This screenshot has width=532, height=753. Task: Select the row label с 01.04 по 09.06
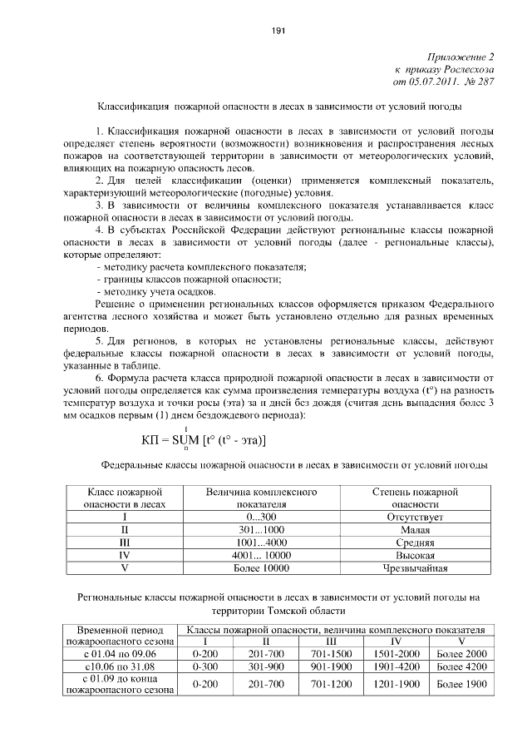(120, 655)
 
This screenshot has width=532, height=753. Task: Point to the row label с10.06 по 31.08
(120, 667)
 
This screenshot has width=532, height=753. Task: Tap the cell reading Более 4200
(461, 667)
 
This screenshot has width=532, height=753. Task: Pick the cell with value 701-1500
(331, 655)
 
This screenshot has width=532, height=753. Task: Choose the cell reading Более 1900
(461, 684)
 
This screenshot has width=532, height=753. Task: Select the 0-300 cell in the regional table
(204, 667)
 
